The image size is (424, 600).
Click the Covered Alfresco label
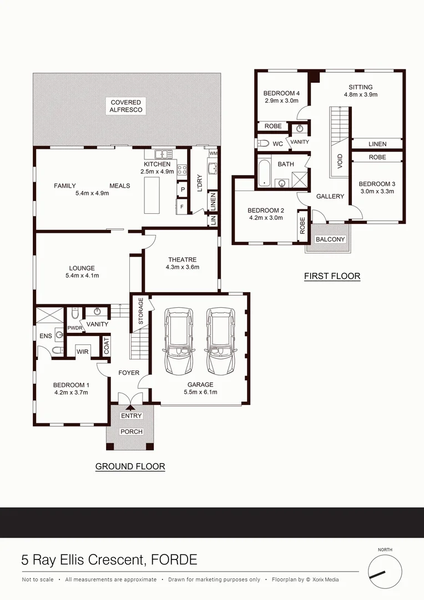click(x=126, y=106)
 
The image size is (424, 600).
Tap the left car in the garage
click(x=179, y=341)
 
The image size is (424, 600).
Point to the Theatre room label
click(x=182, y=259)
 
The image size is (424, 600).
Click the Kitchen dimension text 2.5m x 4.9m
click(x=158, y=172)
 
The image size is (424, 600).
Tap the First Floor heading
click(x=332, y=276)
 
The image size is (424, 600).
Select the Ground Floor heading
click(x=130, y=466)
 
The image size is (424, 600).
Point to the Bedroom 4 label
click(x=281, y=93)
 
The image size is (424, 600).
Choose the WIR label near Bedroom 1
click(x=82, y=351)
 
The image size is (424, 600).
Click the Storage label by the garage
click(x=140, y=311)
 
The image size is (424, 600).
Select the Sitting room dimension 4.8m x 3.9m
click(x=360, y=94)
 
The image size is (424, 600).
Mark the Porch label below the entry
click(x=132, y=432)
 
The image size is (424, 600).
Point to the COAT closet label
click(x=107, y=346)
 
